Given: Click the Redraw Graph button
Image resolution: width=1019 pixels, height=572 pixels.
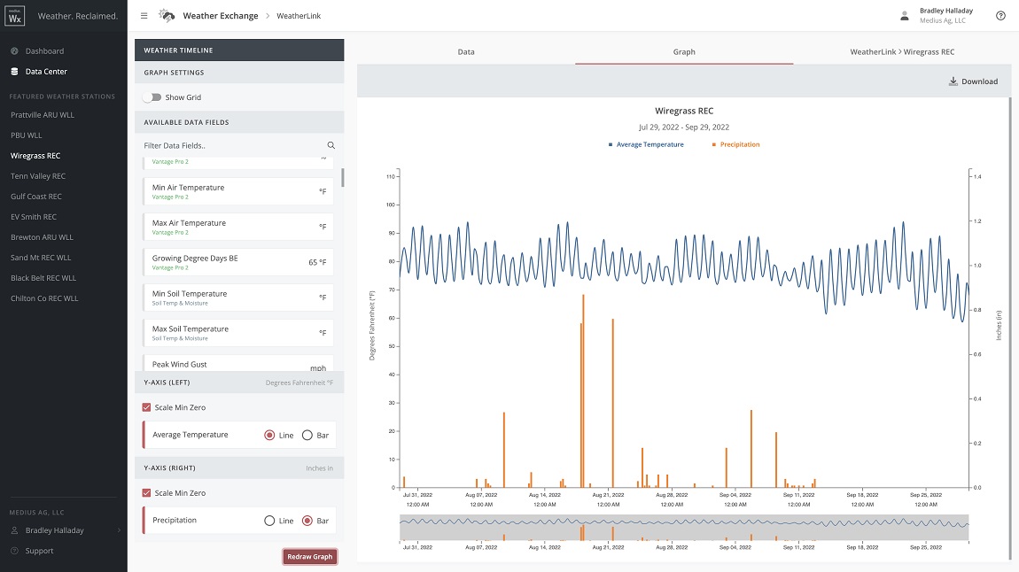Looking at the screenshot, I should (309, 557).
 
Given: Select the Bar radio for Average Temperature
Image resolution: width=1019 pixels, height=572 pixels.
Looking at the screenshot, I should (307, 436).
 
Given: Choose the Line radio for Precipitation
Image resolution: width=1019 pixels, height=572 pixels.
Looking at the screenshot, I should (269, 521).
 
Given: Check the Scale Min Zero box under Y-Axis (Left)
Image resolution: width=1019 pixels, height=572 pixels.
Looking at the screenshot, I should (147, 407).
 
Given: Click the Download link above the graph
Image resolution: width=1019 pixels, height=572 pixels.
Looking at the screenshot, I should (973, 81).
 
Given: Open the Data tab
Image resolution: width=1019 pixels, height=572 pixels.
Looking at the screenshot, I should (465, 51).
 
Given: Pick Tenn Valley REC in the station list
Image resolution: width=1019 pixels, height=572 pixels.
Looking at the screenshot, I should (38, 176).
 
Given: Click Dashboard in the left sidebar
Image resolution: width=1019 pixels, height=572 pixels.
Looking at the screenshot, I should (44, 51).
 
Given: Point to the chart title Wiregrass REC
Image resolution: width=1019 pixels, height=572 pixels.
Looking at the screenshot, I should (683, 112).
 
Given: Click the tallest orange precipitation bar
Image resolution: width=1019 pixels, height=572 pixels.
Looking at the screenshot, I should (583, 390).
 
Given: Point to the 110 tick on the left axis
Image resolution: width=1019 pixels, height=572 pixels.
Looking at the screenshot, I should (390, 176).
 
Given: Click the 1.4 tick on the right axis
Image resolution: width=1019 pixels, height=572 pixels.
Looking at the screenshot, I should (978, 177).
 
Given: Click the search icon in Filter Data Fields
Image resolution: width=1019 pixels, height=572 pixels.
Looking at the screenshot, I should (331, 145).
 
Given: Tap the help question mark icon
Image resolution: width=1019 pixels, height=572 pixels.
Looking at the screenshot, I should (1000, 16).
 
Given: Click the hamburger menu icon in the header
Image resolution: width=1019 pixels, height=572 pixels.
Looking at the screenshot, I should (144, 16).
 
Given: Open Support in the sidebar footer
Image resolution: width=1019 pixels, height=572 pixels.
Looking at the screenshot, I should (39, 551).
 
